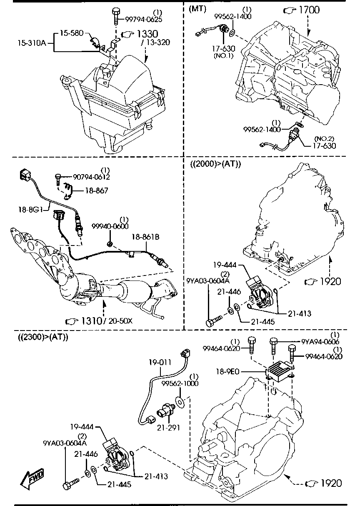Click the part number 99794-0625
point(144,19)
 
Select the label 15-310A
point(32,43)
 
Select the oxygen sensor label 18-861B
point(147,237)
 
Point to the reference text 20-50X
point(120,321)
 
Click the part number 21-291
point(164,427)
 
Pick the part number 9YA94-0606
point(320,342)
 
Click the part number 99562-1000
point(180,383)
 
